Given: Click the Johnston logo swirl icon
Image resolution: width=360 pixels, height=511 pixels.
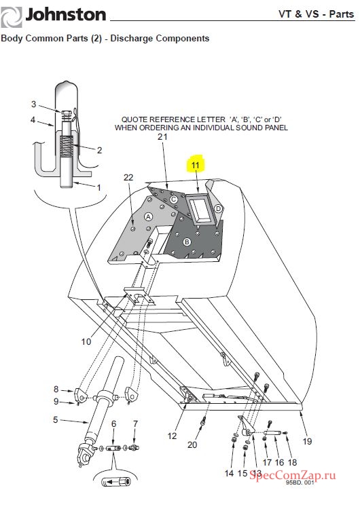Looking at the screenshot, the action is point(11,17).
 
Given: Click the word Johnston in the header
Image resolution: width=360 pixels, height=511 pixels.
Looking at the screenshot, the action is point(65,15).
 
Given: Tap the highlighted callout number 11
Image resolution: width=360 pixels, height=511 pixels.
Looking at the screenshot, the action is point(195,165).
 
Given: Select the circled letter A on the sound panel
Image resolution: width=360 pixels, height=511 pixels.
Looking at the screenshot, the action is point(148,216).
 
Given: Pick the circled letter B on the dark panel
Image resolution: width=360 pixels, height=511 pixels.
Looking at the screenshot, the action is point(187,242).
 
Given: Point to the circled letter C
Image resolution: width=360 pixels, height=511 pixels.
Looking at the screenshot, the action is point(174,199).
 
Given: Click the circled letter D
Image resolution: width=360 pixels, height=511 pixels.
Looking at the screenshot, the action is point(218,208).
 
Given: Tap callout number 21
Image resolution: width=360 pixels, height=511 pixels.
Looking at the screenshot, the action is point(162,137).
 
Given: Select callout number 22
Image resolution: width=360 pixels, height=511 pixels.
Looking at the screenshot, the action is point(128,177).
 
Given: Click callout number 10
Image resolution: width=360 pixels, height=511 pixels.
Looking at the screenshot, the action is point(86,341).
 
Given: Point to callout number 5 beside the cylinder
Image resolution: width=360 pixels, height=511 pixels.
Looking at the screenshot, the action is point(56,420).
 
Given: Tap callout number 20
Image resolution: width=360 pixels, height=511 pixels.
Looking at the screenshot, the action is point(192,444).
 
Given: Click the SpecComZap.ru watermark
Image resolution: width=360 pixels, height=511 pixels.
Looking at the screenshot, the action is point(293,475).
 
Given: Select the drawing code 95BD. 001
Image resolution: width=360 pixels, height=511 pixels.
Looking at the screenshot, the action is point(300,482).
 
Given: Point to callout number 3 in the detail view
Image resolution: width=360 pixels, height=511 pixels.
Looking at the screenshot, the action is point(33,104).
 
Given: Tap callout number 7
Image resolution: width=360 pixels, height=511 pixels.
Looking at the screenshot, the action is point(135,423).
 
